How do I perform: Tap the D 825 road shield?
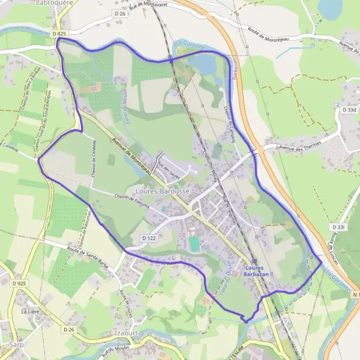tap(58, 34)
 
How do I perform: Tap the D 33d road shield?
tap(349, 110)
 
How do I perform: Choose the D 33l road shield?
tap(339, 227)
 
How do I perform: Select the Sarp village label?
tap(16, 345)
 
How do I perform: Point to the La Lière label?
tap(29, 311)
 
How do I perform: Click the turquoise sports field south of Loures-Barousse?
tap(194, 244)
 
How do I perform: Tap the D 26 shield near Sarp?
tap(68, 329)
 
